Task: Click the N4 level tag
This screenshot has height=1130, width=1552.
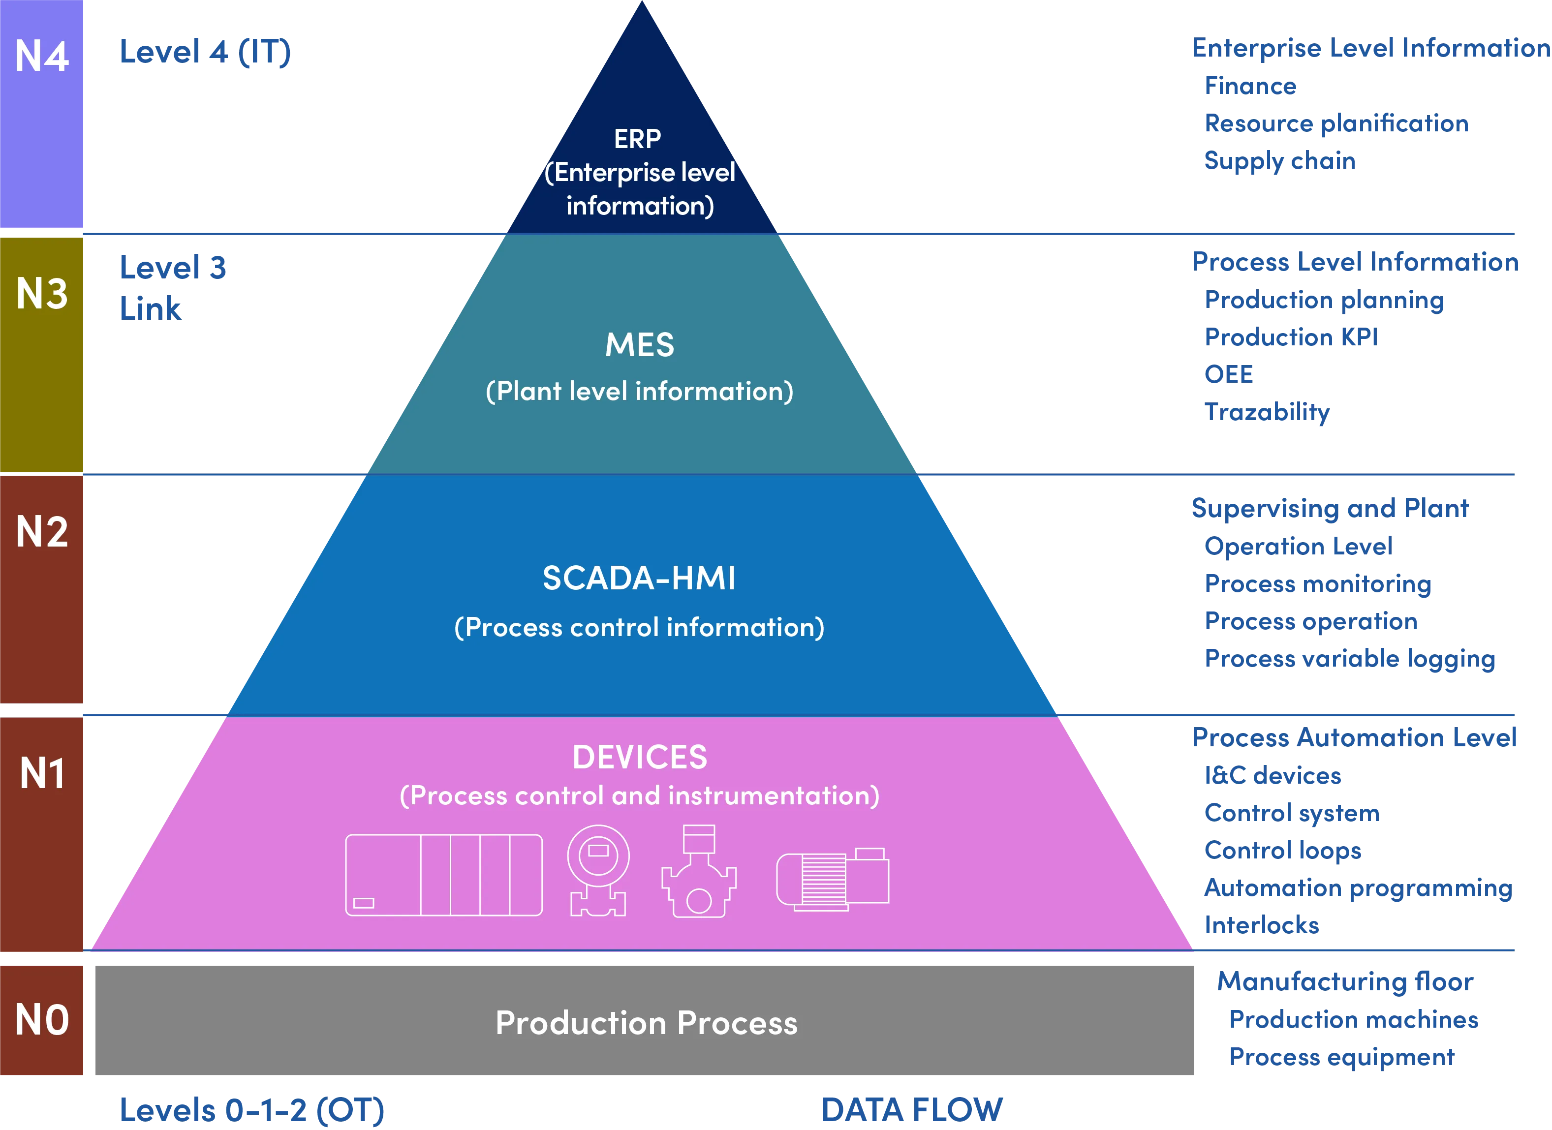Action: tap(42, 56)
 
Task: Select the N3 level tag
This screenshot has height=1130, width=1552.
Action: tap(42, 294)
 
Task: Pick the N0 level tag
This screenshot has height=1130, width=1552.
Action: tap(42, 1020)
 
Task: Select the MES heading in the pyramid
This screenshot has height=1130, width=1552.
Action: tap(639, 345)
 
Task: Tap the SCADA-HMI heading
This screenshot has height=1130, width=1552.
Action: tap(639, 578)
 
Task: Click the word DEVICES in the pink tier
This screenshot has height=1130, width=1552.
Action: tap(639, 757)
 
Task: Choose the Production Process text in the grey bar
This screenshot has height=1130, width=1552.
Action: tap(646, 1023)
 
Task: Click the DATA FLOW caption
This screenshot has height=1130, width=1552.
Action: tap(912, 1109)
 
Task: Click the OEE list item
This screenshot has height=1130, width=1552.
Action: tap(1230, 374)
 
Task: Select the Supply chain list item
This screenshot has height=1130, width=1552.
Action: tap(1280, 161)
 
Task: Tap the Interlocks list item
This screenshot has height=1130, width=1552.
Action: tap(1261, 925)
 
